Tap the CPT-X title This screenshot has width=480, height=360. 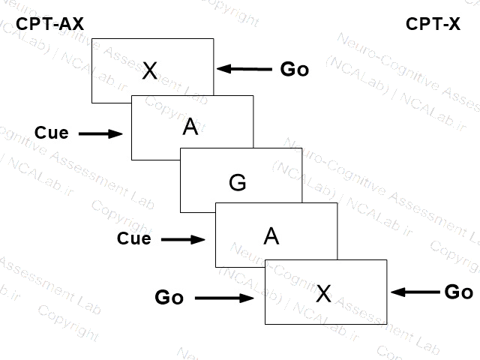433,24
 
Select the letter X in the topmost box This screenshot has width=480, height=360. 150,70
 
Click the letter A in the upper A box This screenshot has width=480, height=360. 190,127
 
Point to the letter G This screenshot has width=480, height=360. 237,181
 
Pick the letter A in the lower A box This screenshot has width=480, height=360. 271,236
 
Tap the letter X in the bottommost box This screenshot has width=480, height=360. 323,293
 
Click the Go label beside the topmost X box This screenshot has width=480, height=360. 295,70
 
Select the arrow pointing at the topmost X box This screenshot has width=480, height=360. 244,70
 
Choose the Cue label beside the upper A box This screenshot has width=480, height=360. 52,133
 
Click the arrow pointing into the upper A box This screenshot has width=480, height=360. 100,133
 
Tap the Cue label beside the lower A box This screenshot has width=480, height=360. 134,239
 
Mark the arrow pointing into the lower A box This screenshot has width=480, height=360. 183,239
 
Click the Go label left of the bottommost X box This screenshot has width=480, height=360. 169,298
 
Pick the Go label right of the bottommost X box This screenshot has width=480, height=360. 458,292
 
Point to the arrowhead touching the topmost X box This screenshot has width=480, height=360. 223,70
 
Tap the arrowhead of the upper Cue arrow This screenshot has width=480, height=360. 116,133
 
